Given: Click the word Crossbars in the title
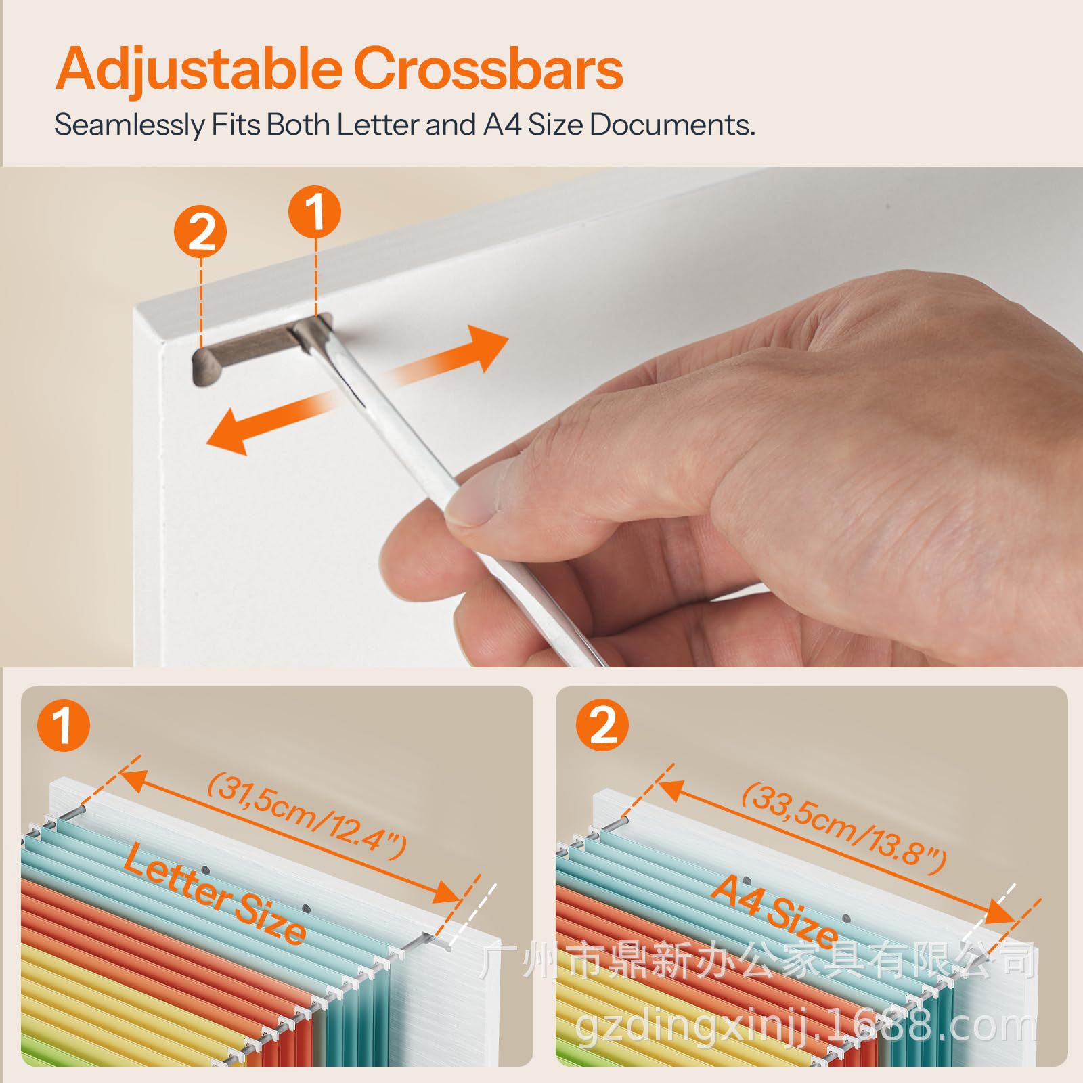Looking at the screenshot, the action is point(487,68).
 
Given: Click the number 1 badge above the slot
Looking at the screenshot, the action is point(315,211).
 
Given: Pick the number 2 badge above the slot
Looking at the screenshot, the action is point(201,232).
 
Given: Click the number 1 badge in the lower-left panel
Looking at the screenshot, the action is point(64,725).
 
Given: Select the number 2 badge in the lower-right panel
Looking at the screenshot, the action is point(602,725).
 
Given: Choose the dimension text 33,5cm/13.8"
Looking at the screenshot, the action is point(843,827).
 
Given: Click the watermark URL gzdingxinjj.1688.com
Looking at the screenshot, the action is point(805,1026).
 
